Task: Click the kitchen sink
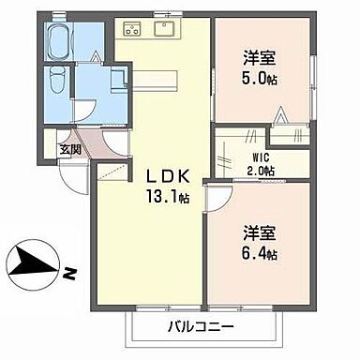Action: [x=163, y=29]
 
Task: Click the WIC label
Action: [x=261, y=157]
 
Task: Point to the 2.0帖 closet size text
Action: [x=261, y=171]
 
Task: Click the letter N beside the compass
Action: [x=68, y=276]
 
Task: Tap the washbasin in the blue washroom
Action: [x=117, y=79]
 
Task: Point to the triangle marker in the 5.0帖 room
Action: [x=279, y=116]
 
